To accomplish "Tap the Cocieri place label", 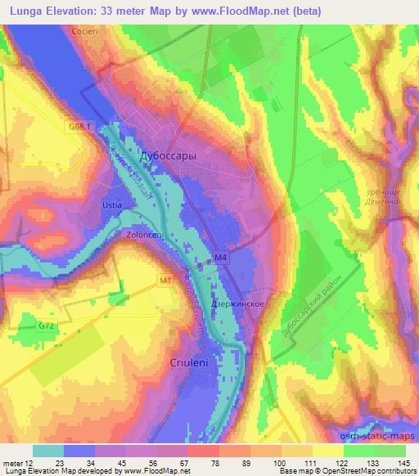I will pyautogui.click(x=84, y=30).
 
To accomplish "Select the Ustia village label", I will pyautogui.click(x=112, y=204).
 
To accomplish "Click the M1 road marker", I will pyautogui.click(x=165, y=281).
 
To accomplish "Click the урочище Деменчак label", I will pyautogui.click(x=382, y=193).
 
